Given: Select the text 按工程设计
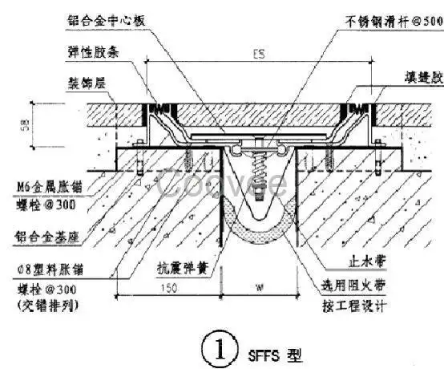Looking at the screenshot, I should [353, 306].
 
